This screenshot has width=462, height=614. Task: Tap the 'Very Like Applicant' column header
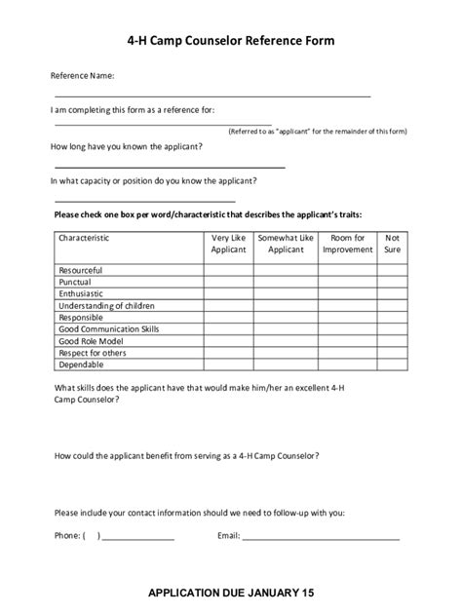pyautogui.click(x=229, y=244)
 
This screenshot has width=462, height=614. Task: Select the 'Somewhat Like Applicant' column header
pyautogui.click(x=286, y=244)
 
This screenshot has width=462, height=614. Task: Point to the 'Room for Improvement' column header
pyautogui.click(x=348, y=244)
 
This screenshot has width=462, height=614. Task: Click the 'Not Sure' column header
pyautogui.click(x=392, y=244)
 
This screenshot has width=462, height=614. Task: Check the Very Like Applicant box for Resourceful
pyautogui.click(x=229, y=270)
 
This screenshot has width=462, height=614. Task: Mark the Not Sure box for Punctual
pyautogui.click(x=392, y=282)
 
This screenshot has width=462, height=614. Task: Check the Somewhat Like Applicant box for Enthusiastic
pyautogui.click(x=286, y=293)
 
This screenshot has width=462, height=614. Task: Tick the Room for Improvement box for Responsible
pyautogui.click(x=348, y=317)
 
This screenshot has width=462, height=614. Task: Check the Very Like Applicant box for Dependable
pyautogui.click(x=229, y=364)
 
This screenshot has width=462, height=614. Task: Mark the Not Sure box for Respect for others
pyautogui.click(x=392, y=352)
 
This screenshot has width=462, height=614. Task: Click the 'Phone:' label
pyautogui.click(x=67, y=535)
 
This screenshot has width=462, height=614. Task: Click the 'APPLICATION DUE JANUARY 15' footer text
pyautogui.click(x=231, y=592)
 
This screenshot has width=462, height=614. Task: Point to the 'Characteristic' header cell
pyautogui.click(x=84, y=238)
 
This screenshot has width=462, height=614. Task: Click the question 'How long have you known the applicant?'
pyautogui.click(x=128, y=146)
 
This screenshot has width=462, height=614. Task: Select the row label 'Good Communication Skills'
pyautogui.click(x=109, y=328)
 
